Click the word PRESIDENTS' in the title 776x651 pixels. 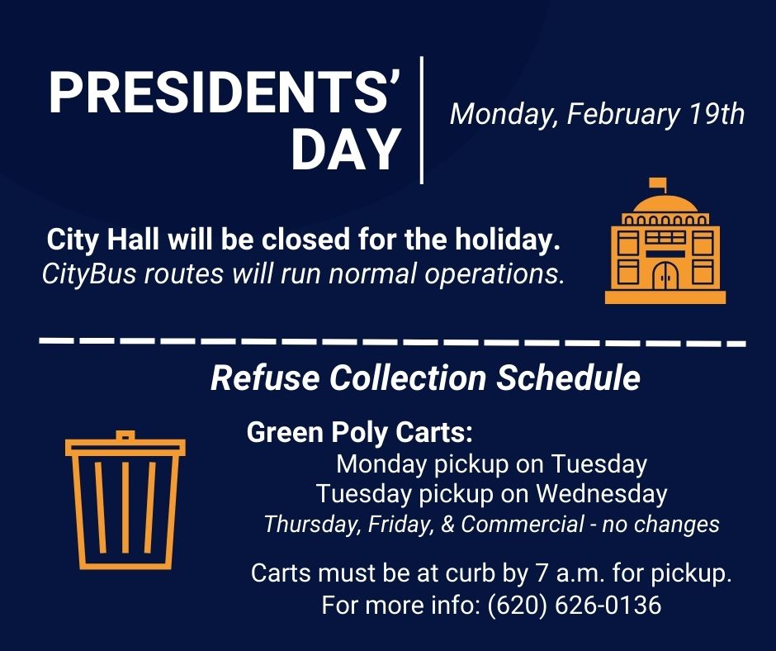coord(225,93)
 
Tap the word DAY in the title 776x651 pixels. coord(346,150)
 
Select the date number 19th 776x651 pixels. coord(717,113)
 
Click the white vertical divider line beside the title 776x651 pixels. coord(422,120)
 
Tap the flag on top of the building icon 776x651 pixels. coord(657,183)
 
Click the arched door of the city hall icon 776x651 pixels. coord(665,276)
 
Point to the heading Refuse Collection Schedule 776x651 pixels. coord(425,378)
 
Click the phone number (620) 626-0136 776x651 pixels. coord(574,605)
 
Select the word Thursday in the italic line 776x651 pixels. coord(301,524)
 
